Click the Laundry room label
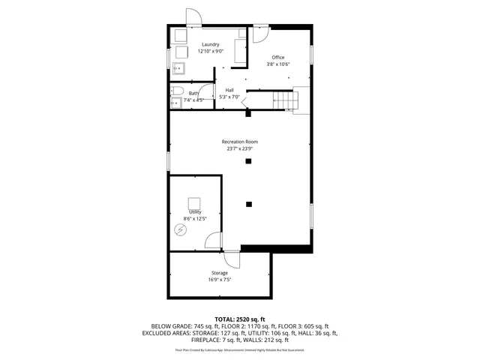click(x=209, y=45)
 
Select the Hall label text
click(x=229, y=90)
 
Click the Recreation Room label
click(x=239, y=142)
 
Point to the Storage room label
click(x=218, y=273)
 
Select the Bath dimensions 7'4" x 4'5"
click(x=193, y=100)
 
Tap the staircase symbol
click(x=284, y=99)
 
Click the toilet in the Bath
click(x=175, y=102)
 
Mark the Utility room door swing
click(x=213, y=241)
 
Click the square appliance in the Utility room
click(x=195, y=203)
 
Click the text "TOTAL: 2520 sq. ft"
click(x=239, y=319)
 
